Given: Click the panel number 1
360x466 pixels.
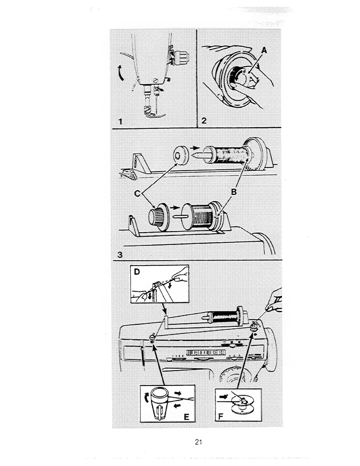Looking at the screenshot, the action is (x=120, y=121).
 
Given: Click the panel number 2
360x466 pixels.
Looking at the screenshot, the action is (x=204, y=121).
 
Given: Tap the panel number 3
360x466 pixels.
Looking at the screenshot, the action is (x=120, y=255).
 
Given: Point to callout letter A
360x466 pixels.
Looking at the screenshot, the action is (x=264, y=51).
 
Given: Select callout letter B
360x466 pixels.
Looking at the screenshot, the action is (x=234, y=192).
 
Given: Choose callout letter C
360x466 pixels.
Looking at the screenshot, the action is (x=137, y=194).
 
